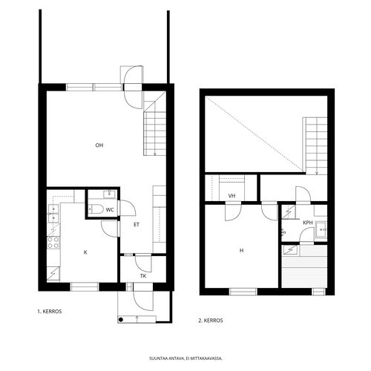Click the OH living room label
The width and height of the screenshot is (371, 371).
[x=99, y=145]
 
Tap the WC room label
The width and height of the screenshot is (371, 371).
[x=110, y=210]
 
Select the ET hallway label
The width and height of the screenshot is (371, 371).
[x=137, y=225]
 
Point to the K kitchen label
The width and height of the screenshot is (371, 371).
[x=85, y=252]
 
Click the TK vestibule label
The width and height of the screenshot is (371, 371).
[x=143, y=276]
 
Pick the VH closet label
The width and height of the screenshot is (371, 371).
[x=232, y=196]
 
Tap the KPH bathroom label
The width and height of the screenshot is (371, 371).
[x=308, y=223]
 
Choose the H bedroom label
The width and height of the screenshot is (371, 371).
[x=241, y=251]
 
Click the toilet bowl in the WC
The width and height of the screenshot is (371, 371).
[x=96, y=209]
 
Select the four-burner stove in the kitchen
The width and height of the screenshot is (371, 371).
[x=53, y=242]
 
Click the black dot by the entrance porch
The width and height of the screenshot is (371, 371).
[x=121, y=320]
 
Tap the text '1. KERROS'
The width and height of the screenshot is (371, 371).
[x=50, y=312]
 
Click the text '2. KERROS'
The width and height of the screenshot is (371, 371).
[x=211, y=321]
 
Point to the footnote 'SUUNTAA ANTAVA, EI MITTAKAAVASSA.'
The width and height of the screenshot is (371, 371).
[x=185, y=358]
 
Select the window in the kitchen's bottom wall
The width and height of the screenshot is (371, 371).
[x=85, y=286]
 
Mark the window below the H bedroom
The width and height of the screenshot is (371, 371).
[x=243, y=292]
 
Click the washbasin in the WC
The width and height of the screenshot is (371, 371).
[x=109, y=194]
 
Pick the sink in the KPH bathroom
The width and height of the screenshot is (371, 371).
[x=321, y=230]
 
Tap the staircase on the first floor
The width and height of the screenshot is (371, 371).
[x=155, y=124]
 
